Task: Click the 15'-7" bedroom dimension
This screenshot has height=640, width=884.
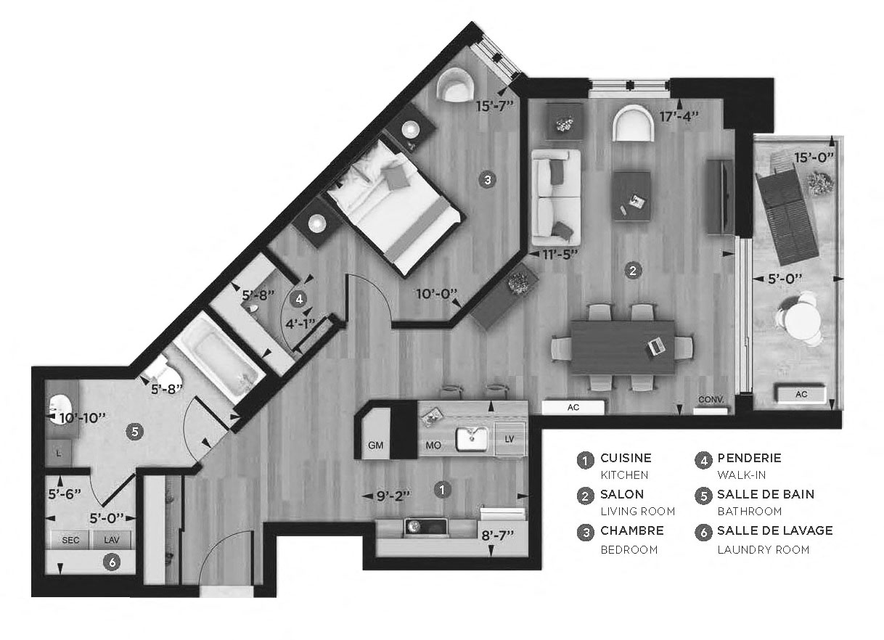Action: click(x=495, y=105)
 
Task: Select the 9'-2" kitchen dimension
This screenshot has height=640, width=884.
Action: click(x=393, y=496)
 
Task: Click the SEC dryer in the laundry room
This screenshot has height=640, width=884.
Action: click(x=70, y=540)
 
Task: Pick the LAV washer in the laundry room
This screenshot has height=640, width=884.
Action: click(x=112, y=540)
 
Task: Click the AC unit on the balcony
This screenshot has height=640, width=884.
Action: click(x=801, y=395)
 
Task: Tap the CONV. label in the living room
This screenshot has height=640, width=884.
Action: click(x=711, y=401)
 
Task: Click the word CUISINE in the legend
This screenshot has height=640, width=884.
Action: click(x=626, y=458)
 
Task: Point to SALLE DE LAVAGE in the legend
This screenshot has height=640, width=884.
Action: click(x=774, y=530)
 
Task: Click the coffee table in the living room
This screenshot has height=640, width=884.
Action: click(x=631, y=194)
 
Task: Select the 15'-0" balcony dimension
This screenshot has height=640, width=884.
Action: click(x=813, y=157)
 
